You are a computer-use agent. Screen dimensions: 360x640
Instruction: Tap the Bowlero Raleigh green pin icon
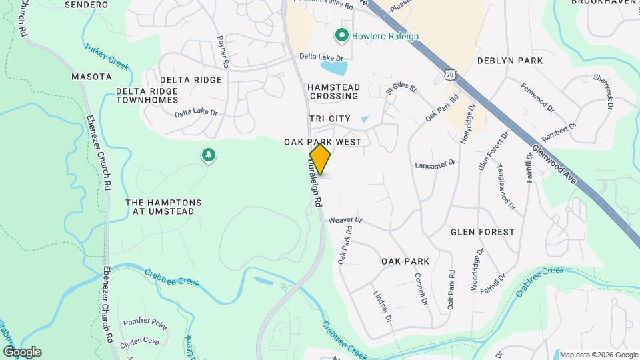click(343, 34)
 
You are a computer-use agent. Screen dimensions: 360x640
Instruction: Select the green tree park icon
click(209, 156)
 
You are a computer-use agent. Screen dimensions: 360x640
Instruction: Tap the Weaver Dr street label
click(345, 219)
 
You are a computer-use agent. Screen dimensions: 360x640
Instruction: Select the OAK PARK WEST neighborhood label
click(322, 142)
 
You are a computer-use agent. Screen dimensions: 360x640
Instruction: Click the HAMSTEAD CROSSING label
click(333, 91)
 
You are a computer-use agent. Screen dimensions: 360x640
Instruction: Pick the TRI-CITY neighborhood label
click(329, 119)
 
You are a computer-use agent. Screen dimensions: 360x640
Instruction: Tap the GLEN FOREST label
click(483, 232)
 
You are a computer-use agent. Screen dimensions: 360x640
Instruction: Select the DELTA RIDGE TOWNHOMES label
click(147, 95)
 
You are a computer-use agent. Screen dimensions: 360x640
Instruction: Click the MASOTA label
click(91, 77)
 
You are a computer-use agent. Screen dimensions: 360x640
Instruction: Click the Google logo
click(22, 351)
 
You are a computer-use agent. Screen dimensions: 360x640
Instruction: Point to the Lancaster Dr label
click(435, 163)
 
